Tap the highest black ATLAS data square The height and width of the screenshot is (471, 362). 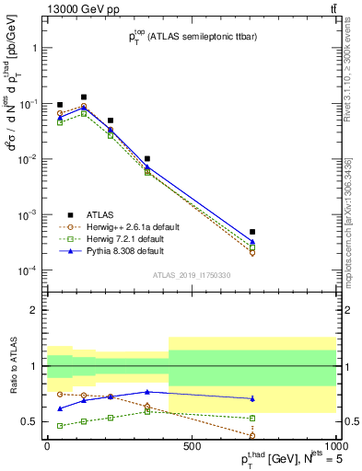(84, 97)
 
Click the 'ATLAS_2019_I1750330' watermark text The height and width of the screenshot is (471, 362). (191, 274)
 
